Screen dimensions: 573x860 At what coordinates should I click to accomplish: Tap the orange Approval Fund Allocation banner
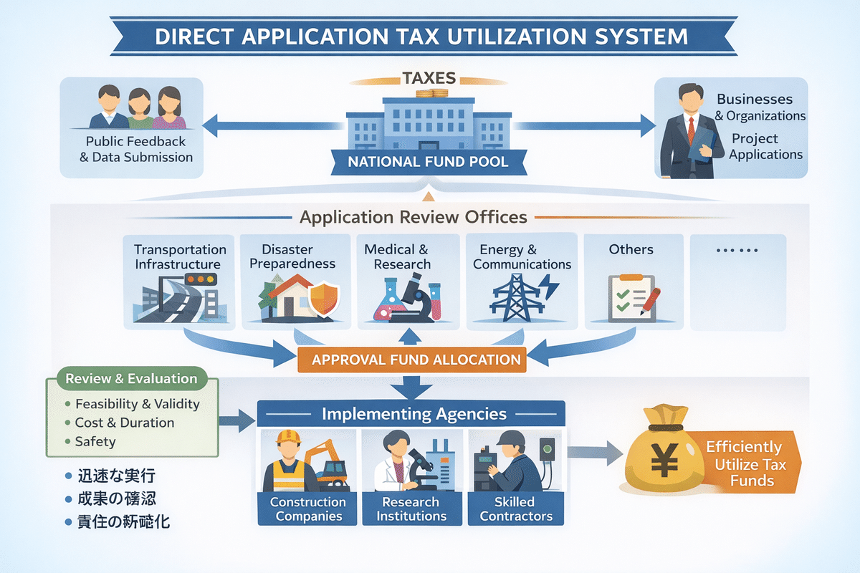[x=411, y=360]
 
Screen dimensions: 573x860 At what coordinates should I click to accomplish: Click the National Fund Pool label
[x=428, y=162]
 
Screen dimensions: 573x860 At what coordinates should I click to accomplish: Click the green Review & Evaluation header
[x=130, y=379]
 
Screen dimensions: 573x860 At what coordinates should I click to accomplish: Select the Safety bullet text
[x=95, y=442]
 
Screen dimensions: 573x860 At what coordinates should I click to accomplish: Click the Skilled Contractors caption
[x=516, y=509]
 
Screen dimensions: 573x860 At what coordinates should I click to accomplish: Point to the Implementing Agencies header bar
[x=412, y=413]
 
